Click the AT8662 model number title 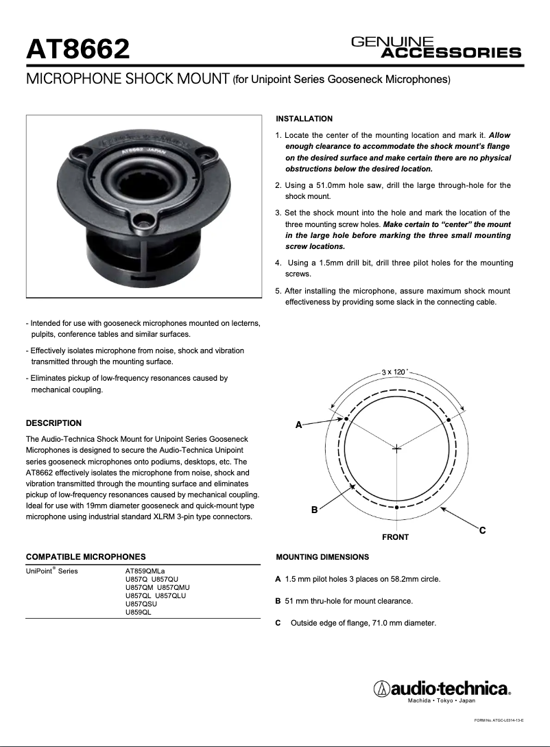(x=77, y=49)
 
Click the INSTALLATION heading (x=304, y=119)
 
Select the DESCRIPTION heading (x=53, y=423)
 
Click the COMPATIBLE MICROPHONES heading (x=85, y=557)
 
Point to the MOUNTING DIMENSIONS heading (x=322, y=557)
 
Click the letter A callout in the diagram (x=298, y=425)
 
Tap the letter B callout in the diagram (x=314, y=510)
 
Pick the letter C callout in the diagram (x=482, y=530)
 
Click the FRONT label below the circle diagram (x=395, y=537)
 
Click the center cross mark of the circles (x=396, y=448)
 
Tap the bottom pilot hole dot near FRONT (x=397, y=507)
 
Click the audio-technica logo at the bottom (x=442, y=688)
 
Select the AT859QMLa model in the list (x=145, y=571)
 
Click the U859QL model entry (x=138, y=612)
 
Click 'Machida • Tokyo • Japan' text (x=441, y=701)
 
